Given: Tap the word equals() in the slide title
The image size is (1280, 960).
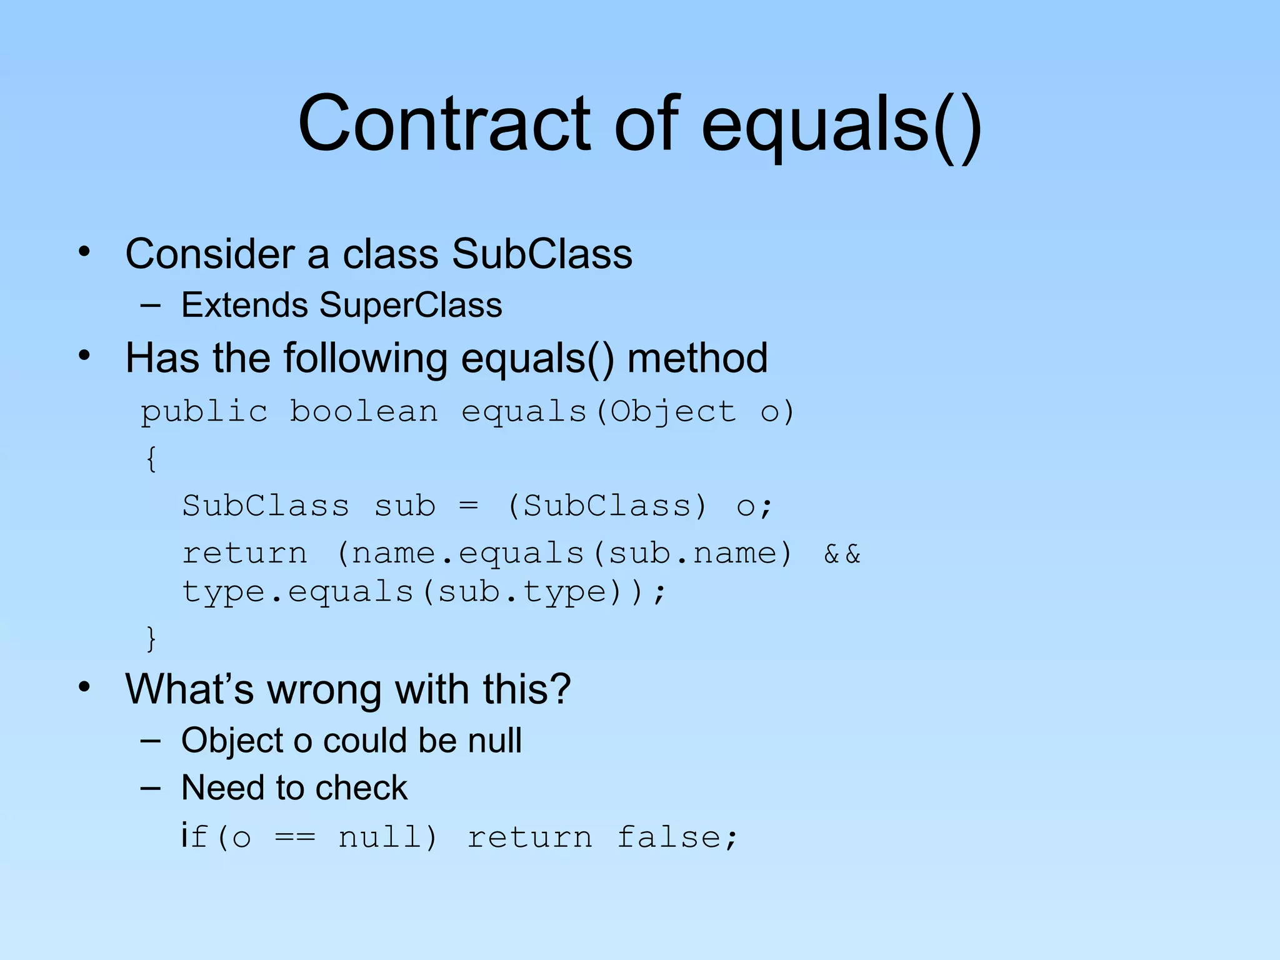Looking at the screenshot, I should (841, 125).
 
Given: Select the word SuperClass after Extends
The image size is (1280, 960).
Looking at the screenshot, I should (411, 305).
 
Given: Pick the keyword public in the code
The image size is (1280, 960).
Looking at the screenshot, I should (204, 412).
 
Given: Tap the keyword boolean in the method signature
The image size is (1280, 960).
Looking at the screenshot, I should (364, 411).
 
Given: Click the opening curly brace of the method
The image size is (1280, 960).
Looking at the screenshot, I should (151, 459).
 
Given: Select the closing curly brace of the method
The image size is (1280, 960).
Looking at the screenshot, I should (151, 638).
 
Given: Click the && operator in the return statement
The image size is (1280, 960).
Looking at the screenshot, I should (842, 554).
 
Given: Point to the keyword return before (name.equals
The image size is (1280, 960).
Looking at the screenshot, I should (244, 554).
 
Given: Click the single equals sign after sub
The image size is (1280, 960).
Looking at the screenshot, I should (469, 505).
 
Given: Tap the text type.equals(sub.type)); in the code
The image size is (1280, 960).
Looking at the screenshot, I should (424, 592).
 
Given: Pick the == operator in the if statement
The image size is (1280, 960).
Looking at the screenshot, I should (296, 837).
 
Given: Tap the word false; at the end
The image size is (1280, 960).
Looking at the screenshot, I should (677, 837).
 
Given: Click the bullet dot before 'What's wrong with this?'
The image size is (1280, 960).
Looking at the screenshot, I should (84, 687).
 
